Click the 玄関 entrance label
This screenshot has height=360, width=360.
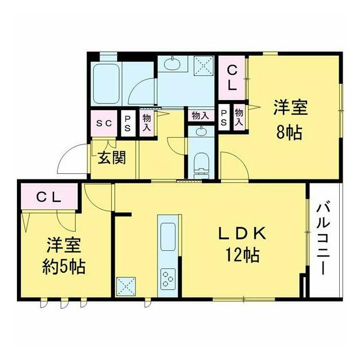click(x=112, y=157)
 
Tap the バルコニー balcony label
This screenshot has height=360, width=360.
click(x=323, y=238)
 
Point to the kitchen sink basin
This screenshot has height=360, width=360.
click(x=168, y=237)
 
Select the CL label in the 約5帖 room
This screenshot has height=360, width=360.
click(x=49, y=197)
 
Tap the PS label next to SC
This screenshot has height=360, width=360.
click(x=128, y=124)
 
